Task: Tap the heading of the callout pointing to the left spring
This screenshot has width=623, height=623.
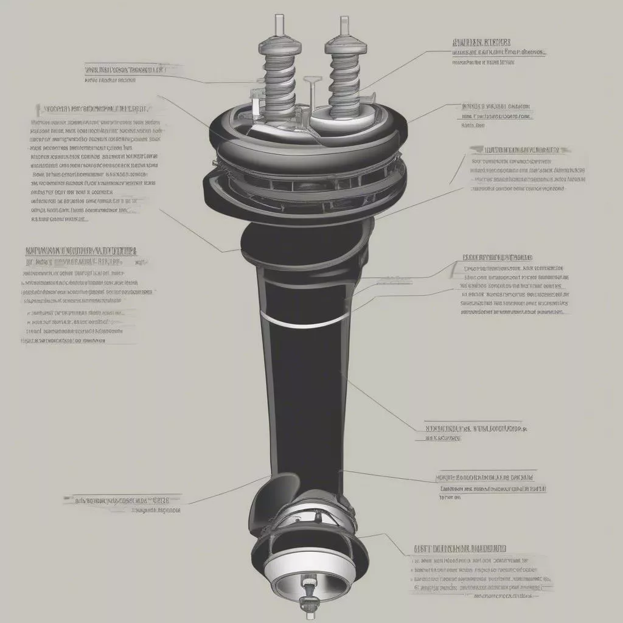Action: [x=125, y=70]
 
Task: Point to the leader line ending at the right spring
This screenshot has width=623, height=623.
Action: [x=389, y=69]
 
